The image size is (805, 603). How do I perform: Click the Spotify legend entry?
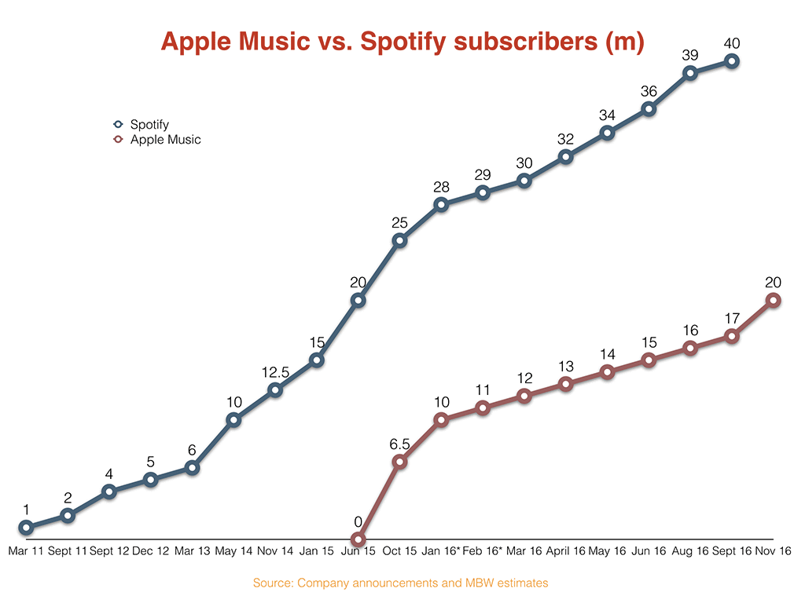(x=149, y=124)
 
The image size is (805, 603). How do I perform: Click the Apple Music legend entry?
(x=164, y=140)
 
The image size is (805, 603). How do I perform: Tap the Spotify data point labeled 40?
(x=732, y=61)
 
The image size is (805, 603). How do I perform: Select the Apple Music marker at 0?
(x=358, y=539)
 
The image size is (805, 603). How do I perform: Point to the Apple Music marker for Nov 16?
(x=774, y=300)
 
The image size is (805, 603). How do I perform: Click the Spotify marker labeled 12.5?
(x=275, y=390)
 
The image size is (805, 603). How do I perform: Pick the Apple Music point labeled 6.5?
(x=399, y=462)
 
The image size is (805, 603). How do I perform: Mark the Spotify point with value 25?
(x=399, y=240)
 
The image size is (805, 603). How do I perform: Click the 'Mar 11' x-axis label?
(x=26, y=551)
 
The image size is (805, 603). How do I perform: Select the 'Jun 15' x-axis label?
(x=358, y=551)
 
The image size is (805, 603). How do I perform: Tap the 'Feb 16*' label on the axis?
(x=482, y=551)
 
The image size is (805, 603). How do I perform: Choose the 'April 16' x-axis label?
(x=565, y=551)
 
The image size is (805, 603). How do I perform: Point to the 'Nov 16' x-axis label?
(x=774, y=551)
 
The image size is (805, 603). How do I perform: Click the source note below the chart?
(x=400, y=583)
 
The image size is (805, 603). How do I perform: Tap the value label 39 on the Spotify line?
(x=690, y=54)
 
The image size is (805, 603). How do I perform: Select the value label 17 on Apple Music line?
(x=732, y=319)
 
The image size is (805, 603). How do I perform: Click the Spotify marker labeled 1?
(x=26, y=528)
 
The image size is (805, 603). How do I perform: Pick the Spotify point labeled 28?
(x=441, y=205)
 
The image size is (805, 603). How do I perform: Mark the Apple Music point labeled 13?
(x=565, y=384)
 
